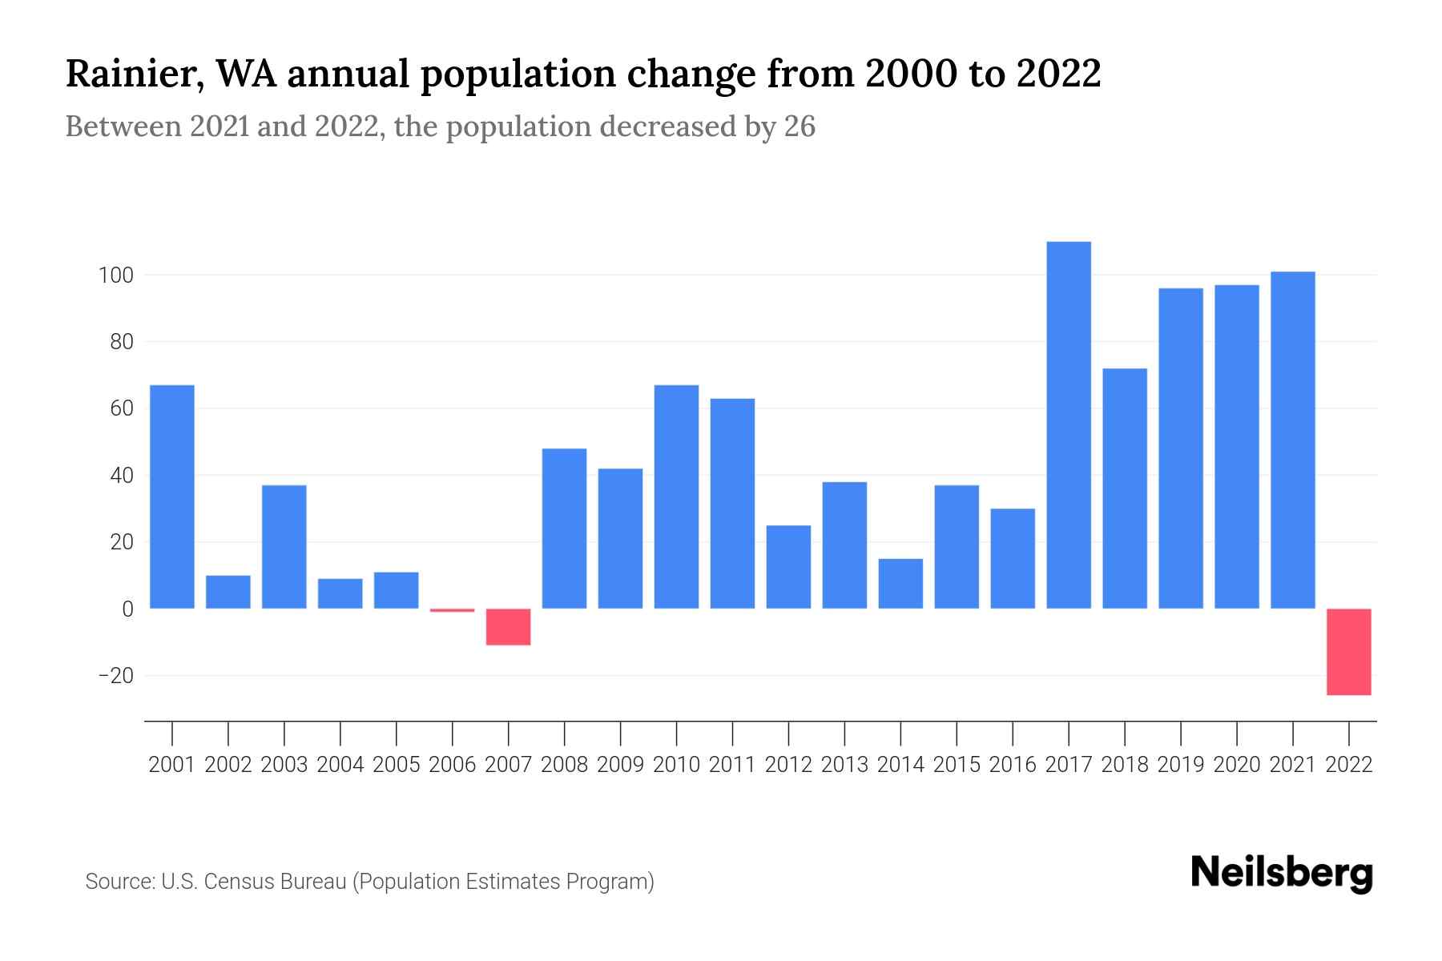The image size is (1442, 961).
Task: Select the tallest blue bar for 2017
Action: point(1069,424)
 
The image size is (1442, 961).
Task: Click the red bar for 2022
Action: point(1349,652)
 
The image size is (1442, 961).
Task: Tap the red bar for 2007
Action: point(508,627)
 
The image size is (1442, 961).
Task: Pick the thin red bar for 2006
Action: point(452,610)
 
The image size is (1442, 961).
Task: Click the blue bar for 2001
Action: point(172,497)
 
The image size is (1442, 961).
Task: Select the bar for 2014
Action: point(900,584)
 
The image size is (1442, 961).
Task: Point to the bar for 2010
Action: point(676,497)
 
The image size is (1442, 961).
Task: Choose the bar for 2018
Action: point(1125,489)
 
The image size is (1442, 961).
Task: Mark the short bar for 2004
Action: point(340,593)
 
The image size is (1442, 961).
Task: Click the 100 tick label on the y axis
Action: point(115,275)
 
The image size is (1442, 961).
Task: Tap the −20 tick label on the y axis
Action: point(116,676)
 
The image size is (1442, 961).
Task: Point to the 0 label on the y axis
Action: point(127,609)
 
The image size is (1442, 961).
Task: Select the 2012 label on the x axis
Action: point(788,765)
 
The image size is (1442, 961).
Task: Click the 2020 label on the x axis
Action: point(1237,765)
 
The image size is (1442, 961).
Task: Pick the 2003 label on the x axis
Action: point(284,765)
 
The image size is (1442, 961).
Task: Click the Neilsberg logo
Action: point(1282,873)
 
